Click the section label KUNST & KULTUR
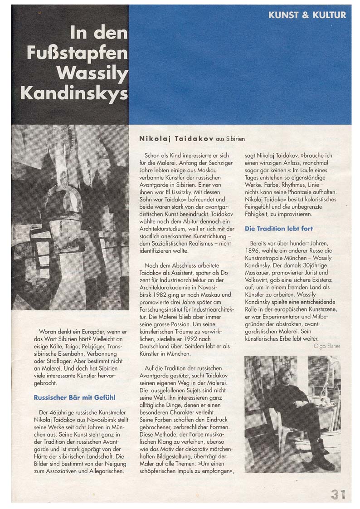(307, 15)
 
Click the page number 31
(339, 494)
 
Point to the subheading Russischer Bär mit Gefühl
(75, 397)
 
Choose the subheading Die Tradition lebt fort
(279, 228)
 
